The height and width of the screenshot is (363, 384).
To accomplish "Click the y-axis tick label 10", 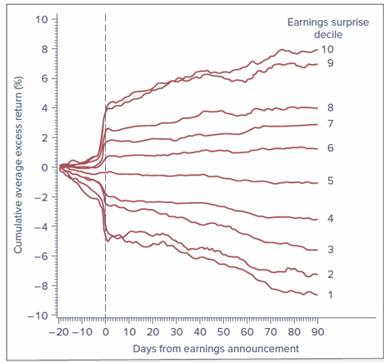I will [41, 19].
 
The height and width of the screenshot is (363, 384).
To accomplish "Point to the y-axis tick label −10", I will [37, 316].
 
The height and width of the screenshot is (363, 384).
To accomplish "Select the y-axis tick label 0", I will [43, 167].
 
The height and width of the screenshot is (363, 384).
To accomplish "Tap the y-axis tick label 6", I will [43, 78].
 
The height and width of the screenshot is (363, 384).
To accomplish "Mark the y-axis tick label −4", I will [40, 226].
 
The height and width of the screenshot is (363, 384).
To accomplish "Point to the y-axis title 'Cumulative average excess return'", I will [17, 167].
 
